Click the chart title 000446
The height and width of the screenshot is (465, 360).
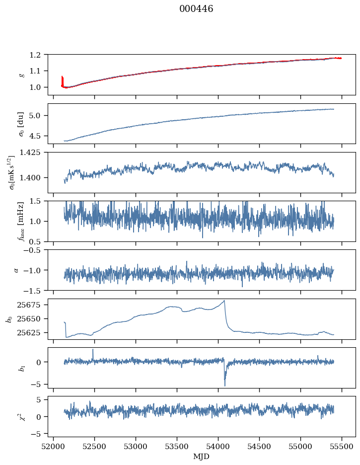click(x=196, y=9)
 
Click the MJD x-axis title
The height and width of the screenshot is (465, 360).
click(x=202, y=457)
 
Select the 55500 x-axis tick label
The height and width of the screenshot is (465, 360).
click(x=342, y=446)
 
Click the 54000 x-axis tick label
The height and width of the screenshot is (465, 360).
click(x=218, y=446)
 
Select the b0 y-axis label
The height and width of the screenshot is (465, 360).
click(x=8, y=318)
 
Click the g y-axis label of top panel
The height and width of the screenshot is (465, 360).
click(x=21, y=75)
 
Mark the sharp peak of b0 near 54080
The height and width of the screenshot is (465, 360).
click(x=224, y=300)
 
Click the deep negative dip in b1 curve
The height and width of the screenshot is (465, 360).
click(x=225, y=386)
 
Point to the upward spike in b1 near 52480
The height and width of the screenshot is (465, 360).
click(x=93, y=349)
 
